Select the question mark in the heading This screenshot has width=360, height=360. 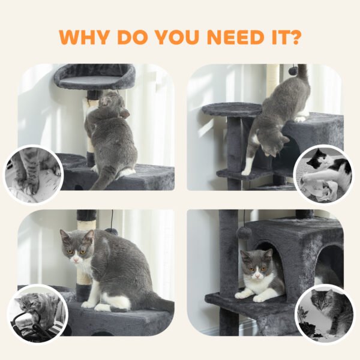click(x=293, y=37)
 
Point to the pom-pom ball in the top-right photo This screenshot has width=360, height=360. click(x=293, y=69)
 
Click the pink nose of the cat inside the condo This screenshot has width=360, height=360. click(x=258, y=274)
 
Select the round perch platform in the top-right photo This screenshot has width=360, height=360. click(x=232, y=109)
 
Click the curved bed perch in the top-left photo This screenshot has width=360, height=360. click(x=95, y=77)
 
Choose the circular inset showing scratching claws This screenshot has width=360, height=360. click(x=32, y=175)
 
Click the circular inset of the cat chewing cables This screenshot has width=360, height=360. click(x=37, y=314)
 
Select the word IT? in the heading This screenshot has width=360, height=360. click(x=286, y=37)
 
